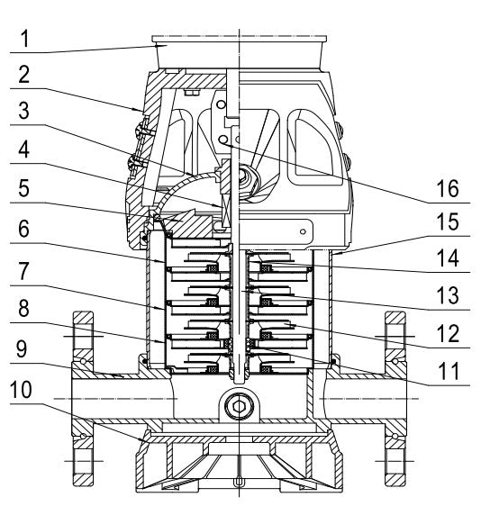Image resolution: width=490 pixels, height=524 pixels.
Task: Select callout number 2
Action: pos(23,75)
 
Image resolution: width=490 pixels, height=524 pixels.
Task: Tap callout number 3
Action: pos(23,111)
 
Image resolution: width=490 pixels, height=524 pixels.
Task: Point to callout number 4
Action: pos(23,149)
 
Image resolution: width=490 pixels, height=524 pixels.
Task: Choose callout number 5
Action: pos(23,188)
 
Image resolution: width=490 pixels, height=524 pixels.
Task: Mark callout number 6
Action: pos(23,229)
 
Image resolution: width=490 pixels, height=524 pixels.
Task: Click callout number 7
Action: pos(23,271)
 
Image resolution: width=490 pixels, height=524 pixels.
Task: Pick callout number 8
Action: pos(23,309)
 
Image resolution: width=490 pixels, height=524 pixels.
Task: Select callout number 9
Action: pos(22,349)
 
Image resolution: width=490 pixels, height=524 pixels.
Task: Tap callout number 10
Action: pos(21,390)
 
